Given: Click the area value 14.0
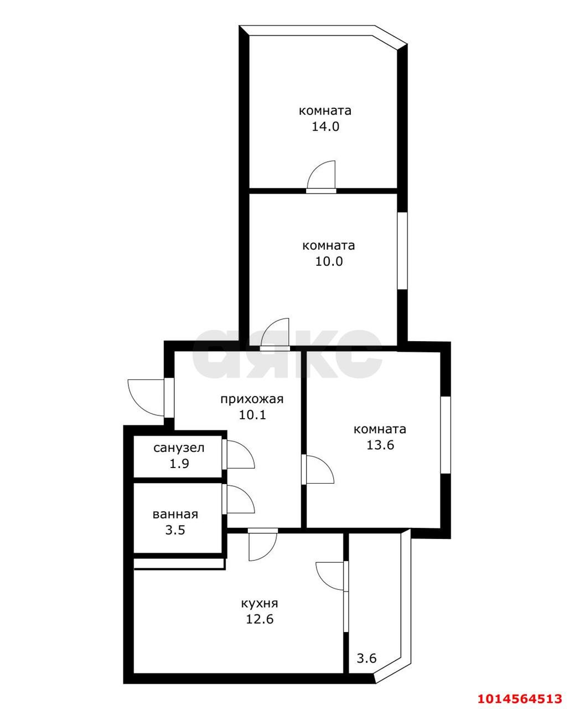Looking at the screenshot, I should coord(325,126).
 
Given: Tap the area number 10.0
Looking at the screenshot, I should coord(329,261).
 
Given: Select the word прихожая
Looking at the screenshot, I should coord(252,399).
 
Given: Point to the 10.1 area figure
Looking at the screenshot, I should coord(252,414).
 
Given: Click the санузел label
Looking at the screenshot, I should coord(179,448).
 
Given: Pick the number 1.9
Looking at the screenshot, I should coord(179,464).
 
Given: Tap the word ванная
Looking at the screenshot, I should coord(175,514).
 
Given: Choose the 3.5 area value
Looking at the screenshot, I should coord(175,530).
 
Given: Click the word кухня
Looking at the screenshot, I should coord(259,603).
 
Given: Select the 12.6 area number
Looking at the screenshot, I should coord(260,619).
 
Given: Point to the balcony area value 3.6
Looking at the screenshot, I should coord(366,659).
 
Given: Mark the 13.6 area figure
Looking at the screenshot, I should coord(380,445).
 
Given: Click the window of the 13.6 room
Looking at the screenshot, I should coord(446,434).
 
